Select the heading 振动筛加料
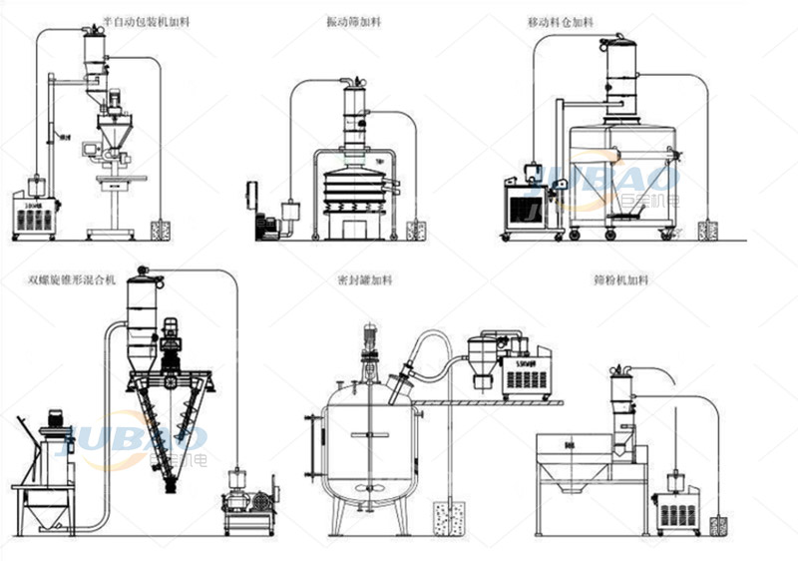tap(352, 20)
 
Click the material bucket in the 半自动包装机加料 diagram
tap(160, 230)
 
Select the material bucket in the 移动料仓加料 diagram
tap(707, 231)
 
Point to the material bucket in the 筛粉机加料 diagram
tap(717, 523)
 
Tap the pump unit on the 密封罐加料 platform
tap(526, 371)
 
